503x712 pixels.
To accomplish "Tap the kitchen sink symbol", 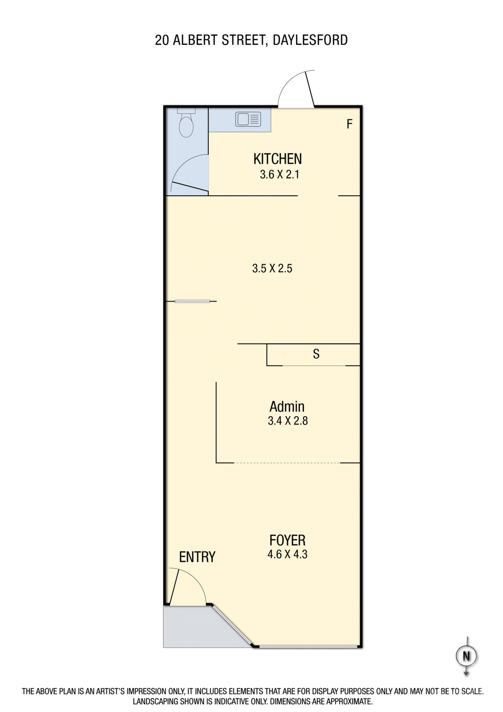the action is pos(248,119).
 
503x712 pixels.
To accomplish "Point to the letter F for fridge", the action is pos(349,124).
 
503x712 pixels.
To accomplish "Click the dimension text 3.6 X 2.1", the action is pos(279,175).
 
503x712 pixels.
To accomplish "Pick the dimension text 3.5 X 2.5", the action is pos(272,268).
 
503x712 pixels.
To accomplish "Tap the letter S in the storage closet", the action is pos(316,354).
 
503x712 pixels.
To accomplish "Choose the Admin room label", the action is pos(287,406).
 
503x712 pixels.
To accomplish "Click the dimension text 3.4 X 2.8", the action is pos(288,421).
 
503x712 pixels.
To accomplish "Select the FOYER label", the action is pos(287,540).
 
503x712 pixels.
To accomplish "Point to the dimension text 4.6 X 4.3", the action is pos(287,554).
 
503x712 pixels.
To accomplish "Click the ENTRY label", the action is pos(197,557).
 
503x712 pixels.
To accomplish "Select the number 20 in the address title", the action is pos(162,40).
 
